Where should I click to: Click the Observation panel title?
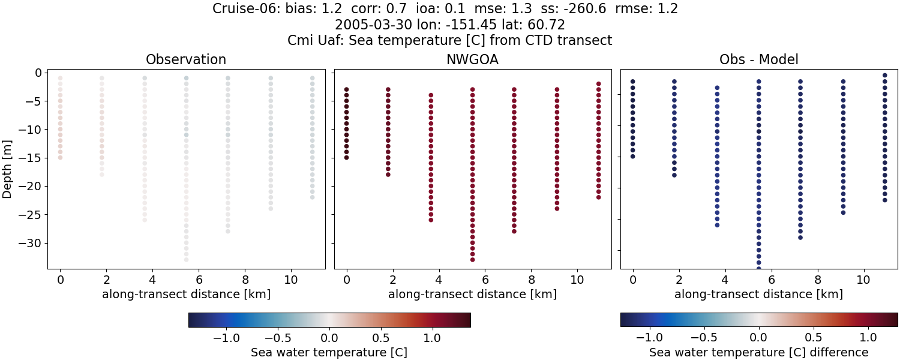[x=186, y=60]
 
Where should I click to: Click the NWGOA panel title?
[x=472, y=60]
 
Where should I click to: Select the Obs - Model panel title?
[x=758, y=60]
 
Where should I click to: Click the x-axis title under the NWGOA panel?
[x=472, y=295]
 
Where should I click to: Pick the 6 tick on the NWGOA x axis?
[x=485, y=280]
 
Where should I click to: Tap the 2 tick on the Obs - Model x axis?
[x=679, y=280]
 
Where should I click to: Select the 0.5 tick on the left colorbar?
[x=380, y=337]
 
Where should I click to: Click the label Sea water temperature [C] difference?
[x=758, y=352]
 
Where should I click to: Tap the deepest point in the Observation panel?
[x=186, y=260]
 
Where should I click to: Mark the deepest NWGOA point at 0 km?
[x=346, y=157]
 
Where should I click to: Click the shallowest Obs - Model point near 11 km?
[x=884, y=76]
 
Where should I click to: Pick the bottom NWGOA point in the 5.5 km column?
[x=472, y=260]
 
